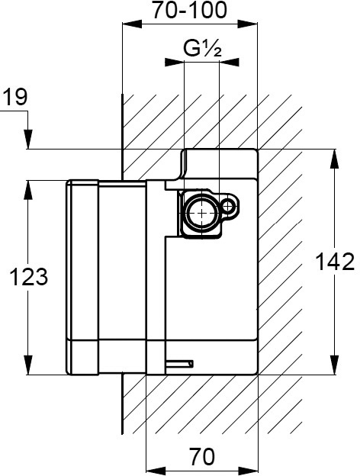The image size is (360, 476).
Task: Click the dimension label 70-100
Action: [189, 10]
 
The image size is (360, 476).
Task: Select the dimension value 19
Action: [15, 97]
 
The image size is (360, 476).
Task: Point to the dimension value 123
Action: [28, 277]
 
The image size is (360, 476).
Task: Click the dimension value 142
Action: [335, 262]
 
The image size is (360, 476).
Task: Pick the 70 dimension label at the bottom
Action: [202, 456]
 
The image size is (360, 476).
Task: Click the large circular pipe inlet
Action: [201, 213]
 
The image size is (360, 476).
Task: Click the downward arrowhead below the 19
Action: [28, 140]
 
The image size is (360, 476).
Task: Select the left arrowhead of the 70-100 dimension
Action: [132, 24]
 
